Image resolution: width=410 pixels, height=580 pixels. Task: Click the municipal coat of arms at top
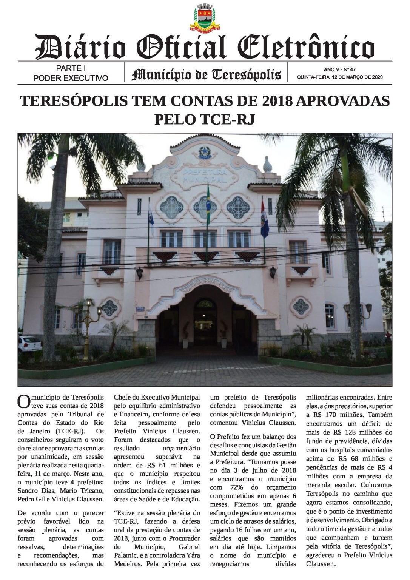click(x=205, y=18)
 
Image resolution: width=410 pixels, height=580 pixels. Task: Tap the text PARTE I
click(x=71, y=68)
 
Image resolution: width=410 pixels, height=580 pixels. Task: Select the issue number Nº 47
click(x=350, y=69)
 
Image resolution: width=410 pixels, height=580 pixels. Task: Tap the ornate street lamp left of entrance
click(x=86, y=325)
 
